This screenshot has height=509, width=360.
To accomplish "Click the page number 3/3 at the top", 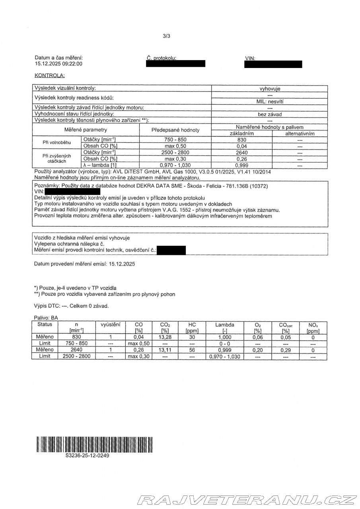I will [166, 36].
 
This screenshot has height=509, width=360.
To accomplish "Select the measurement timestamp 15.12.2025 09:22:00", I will [59, 64].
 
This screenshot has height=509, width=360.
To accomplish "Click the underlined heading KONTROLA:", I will [50, 75].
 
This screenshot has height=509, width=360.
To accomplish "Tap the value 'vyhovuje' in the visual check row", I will [270, 89].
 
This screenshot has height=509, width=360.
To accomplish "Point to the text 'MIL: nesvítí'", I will [270, 101].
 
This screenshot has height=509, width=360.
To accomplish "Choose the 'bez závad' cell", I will [270, 114].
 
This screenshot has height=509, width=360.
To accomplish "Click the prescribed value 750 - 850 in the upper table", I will [175, 140].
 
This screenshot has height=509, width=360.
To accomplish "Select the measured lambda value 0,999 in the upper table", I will [242, 165].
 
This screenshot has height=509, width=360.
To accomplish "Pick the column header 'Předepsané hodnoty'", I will [175, 130].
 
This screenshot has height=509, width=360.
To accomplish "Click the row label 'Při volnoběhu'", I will [56, 142].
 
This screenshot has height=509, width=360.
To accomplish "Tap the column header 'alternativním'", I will [300, 134].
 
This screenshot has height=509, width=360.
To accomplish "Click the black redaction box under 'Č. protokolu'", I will [176, 64].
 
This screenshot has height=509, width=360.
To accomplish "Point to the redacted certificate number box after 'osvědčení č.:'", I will [171, 250].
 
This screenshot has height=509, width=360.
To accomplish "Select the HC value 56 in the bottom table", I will [192, 350].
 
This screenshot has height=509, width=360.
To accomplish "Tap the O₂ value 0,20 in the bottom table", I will [258, 350].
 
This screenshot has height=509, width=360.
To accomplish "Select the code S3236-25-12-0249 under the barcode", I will [87, 456].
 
